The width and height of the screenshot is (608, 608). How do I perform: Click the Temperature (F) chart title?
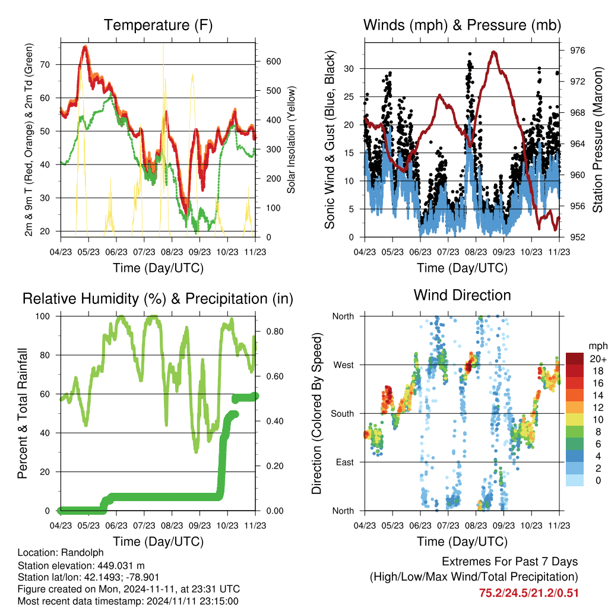(158, 25)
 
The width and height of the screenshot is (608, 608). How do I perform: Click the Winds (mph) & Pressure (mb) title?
(462, 25)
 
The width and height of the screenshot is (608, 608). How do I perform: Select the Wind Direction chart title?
(462, 295)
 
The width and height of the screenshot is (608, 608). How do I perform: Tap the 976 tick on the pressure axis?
(577, 50)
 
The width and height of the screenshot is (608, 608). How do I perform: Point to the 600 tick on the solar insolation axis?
(273, 61)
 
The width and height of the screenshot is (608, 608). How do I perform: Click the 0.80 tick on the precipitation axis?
(275, 331)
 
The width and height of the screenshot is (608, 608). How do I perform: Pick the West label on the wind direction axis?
(344, 365)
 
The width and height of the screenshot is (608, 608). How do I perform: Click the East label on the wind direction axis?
(345, 462)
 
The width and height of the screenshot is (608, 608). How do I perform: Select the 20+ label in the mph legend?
(598, 359)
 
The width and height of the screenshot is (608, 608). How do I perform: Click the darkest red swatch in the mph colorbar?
(575, 359)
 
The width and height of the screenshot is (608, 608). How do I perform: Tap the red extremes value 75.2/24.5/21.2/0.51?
(529, 593)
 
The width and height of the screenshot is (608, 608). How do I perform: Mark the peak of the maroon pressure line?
(493, 52)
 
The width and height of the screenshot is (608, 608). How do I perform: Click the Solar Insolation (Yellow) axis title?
(291, 140)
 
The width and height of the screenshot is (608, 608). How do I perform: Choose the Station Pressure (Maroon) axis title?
(597, 140)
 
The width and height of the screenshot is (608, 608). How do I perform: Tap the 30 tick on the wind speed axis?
(349, 69)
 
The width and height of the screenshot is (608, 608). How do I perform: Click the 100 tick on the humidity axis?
(43, 316)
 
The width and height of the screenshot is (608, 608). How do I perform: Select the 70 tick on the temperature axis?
(45, 65)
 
